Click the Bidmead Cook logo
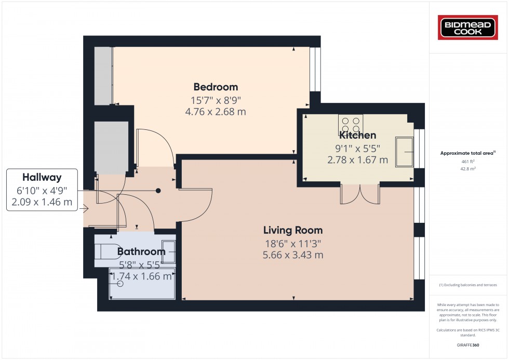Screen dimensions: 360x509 (x=468, y=28)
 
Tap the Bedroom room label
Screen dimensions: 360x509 (x=216, y=87)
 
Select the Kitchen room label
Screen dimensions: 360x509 (x=357, y=136)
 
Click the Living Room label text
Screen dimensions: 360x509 (x=293, y=230)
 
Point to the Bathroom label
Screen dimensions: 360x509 (x=141, y=252)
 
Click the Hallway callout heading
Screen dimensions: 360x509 (x=42, y=177)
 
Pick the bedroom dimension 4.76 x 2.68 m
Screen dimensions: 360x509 (x=216, y=111)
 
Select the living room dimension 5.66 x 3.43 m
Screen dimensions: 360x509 (x=293, y=255)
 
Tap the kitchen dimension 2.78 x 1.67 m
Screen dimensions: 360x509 (x=357, y=160)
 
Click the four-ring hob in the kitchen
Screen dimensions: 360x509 (x=350, y=125)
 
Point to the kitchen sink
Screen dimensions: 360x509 (x=404, y=152)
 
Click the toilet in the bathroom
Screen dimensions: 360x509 (x=108, y=251)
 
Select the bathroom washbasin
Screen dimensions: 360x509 (x=169, y=250)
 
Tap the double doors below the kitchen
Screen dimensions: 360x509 (x=360, y=193)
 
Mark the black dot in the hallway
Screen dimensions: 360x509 (x=158, y=191)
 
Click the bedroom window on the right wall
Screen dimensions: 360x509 (x=315, y=69)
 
